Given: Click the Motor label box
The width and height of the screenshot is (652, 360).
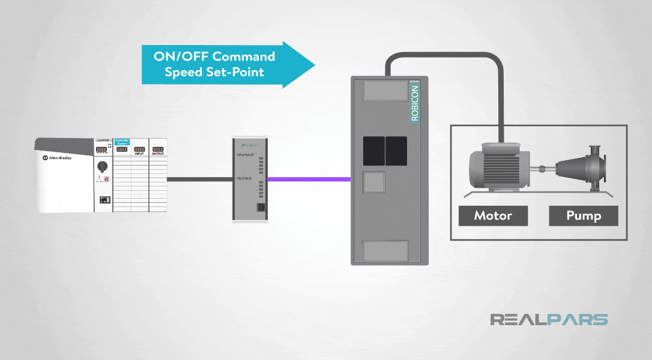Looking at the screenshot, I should [493, 215].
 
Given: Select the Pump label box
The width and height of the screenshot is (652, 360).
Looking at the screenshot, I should [583, 215].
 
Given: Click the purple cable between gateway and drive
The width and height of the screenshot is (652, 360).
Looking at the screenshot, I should [309, 179].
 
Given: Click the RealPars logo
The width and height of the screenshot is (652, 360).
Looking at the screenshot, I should [549, 319].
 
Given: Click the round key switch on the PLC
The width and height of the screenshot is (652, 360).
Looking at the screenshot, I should [103, 166].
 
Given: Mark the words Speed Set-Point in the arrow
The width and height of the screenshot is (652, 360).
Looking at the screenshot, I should [214, 72].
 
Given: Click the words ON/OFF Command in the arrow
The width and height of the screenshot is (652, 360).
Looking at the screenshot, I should [214, 57].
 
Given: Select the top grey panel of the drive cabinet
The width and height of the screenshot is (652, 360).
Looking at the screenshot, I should [382, 91].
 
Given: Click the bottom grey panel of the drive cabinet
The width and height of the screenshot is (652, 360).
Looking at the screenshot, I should [386, 250].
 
